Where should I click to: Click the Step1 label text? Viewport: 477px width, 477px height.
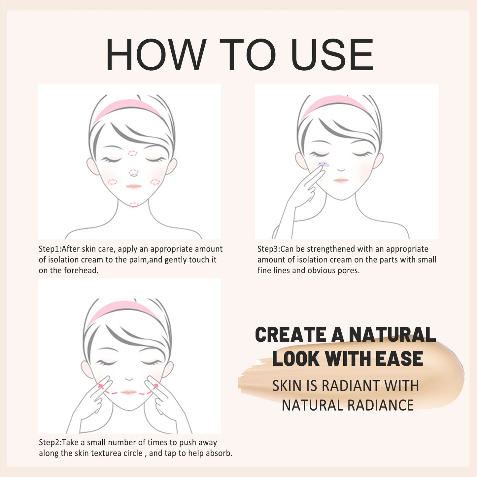tap(50, 249)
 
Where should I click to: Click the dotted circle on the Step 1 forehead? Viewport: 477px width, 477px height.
tap(132, 153)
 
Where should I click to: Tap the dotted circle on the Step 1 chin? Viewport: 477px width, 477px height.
tap(133, 205)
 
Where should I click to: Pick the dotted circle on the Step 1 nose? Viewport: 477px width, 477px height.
tap(133, 172)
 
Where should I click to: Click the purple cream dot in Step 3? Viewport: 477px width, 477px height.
tap(324, 164)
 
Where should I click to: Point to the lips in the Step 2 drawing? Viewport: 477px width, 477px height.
tap(129, 392)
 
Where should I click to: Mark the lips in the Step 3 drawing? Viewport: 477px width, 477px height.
tap(341, 180)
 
